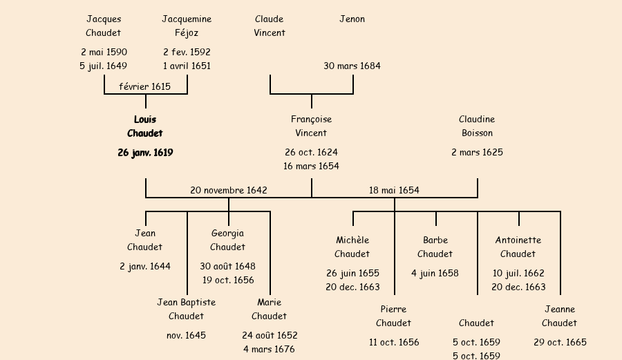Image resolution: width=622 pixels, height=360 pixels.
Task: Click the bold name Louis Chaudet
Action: (x=145, y=126)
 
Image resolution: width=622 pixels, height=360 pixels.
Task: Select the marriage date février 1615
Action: (x=145, y=86)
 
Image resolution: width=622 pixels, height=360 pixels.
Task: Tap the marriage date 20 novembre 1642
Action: (x=229, y=190)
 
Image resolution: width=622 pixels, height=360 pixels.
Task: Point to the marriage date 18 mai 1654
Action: (x=394, y=190)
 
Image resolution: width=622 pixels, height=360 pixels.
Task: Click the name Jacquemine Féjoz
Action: (x=187, y=26)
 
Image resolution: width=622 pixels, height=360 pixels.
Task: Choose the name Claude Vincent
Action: (x=270, y=26)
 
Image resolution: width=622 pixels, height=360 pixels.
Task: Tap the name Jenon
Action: (x=352, y=19)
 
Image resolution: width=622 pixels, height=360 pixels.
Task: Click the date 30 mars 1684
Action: (x=352, y=66)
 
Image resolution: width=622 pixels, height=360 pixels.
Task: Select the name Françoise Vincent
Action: (x=311, y=126)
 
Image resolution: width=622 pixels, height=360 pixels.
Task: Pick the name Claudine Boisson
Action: (x=477, y=126)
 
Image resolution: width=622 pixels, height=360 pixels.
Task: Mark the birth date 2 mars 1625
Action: (x=477, y=153)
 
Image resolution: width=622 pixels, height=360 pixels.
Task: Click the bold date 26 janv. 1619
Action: (x=145, y=153)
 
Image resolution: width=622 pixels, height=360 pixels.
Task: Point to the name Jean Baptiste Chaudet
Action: (x=187, y=309)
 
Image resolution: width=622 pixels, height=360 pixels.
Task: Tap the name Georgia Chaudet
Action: (x=227, y=240)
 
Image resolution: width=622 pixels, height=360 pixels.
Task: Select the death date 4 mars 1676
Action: (x=269, y=349)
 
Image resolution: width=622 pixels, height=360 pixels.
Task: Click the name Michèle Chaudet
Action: (x=352, y=247)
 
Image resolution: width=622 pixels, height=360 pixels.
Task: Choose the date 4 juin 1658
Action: (x=435, y=273)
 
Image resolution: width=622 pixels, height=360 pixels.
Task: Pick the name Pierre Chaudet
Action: (x=393, y=316)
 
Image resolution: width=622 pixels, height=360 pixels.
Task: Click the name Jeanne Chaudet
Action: (x=559, y=316)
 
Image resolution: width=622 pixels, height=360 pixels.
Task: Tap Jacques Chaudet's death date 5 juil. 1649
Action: (x=104, y=66)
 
